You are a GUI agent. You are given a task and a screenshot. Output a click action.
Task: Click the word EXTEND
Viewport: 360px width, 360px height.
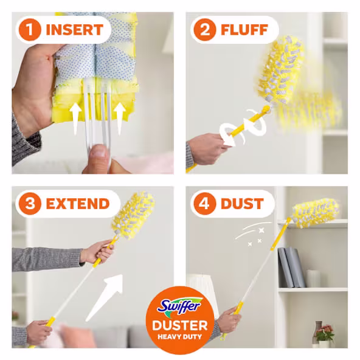coord(78,203)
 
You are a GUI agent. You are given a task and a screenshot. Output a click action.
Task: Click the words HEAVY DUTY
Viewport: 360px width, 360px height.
coord(180,337)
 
